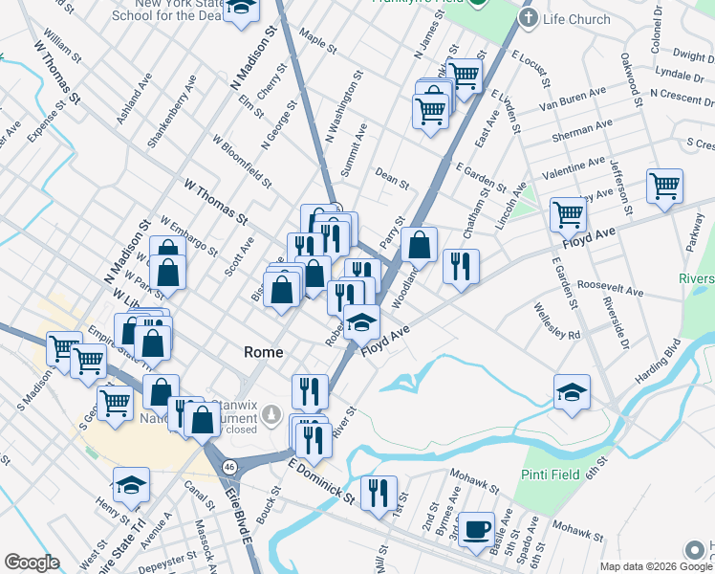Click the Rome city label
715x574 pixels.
point(264,352)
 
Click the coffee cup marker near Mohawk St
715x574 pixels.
point(476,529)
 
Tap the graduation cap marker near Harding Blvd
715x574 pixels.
point(572,392)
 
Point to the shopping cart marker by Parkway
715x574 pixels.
point(663,187)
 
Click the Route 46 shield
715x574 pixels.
point(228,466)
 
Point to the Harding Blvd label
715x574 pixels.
point(658,365)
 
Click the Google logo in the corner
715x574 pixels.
point(32,563)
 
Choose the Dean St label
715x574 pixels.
point(392,178)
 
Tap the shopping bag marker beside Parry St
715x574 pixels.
point(419,244)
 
